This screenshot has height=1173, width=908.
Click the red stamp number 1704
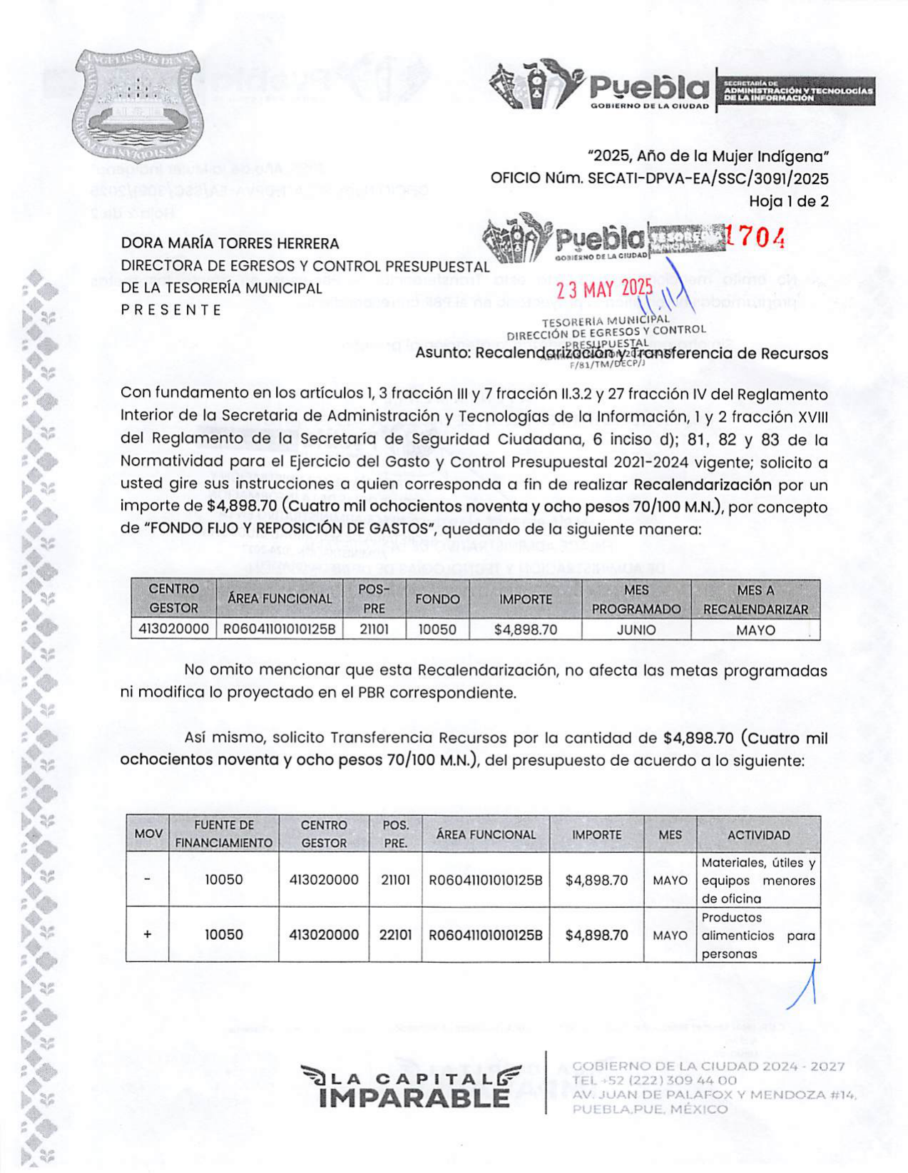tap(755, 237)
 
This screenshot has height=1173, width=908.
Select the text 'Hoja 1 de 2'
tap(788, 202)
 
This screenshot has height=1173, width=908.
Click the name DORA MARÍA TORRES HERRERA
tap(230, 243)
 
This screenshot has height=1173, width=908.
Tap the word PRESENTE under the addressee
tap(171, 310)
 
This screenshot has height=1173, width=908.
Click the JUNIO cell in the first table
tap(636, 630)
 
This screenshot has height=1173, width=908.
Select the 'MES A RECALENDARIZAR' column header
tap(755, 600)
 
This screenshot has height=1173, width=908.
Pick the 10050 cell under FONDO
tap(437, 630)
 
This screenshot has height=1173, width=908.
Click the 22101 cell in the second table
tap(395, 935)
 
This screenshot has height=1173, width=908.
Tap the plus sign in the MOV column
tap(148, 934)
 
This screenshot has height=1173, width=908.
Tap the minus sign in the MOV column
tap(147, 879)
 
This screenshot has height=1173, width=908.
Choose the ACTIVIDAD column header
tap(758, 835)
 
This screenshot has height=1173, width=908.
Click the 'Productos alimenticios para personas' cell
tap(757, 936)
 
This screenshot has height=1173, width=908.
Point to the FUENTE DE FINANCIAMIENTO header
tap(224, 834)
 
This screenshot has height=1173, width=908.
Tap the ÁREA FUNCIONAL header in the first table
tap(280, 599)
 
